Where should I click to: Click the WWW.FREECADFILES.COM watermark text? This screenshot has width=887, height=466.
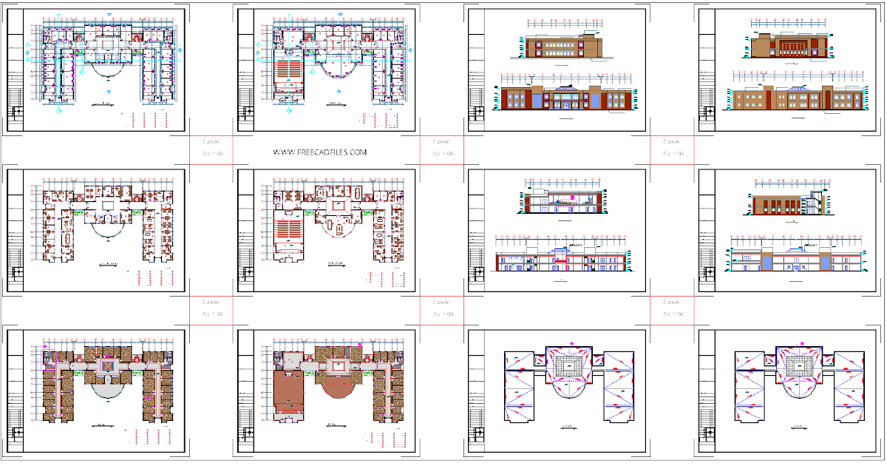(320, 152)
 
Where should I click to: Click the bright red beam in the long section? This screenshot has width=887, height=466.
(562, 260)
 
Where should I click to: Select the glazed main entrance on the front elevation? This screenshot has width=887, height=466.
(568, 98)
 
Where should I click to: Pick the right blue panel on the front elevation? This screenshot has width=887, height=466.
(595, 98)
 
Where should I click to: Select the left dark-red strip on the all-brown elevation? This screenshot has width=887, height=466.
(765, 98)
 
